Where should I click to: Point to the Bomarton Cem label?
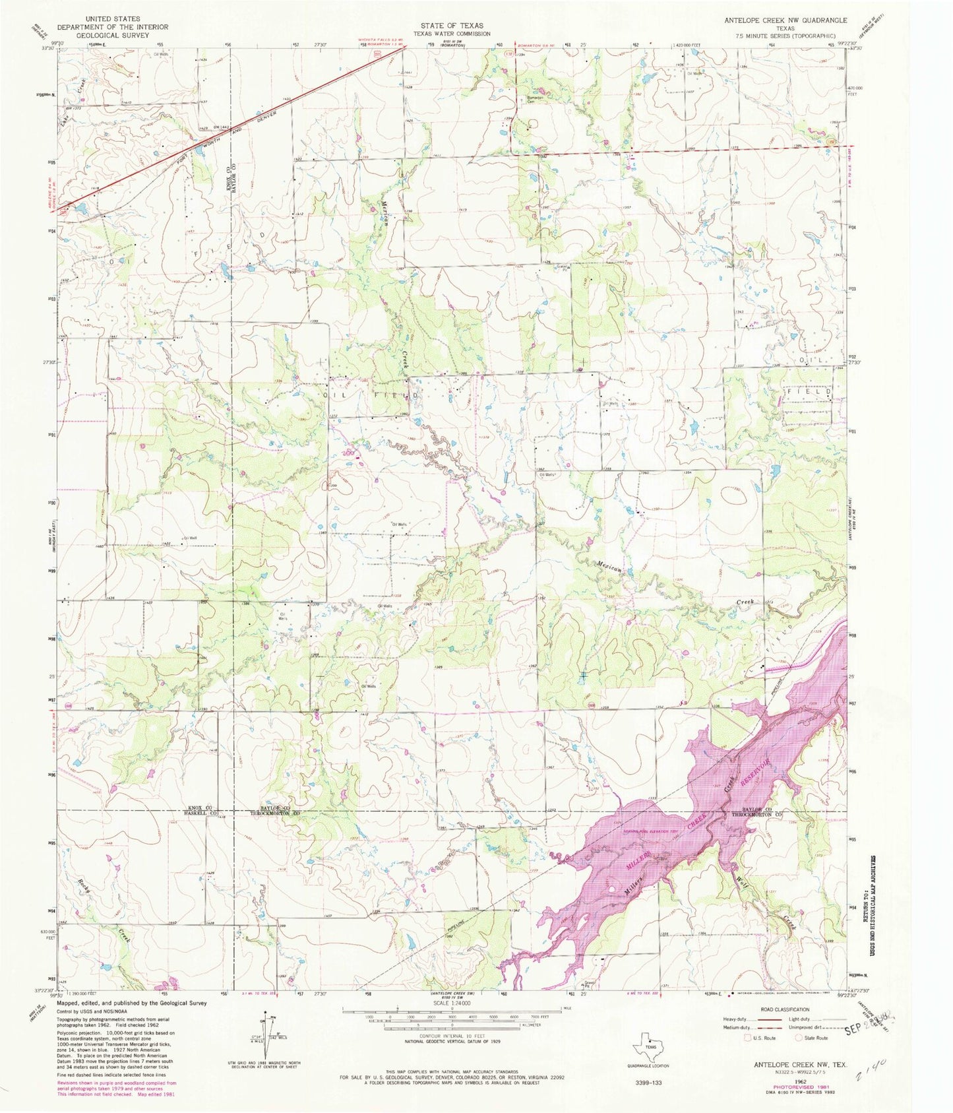(x=534, y=100)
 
